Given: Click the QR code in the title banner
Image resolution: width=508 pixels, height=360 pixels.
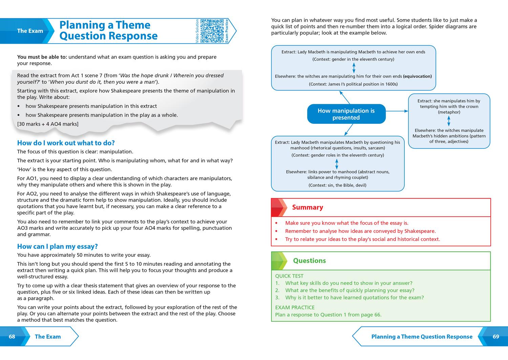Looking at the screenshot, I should point(212,31).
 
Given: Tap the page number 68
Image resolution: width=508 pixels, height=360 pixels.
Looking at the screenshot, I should point(12,337).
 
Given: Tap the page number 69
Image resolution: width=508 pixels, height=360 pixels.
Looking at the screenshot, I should point(496,337).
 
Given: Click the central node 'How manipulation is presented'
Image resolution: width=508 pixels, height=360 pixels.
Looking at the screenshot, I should point(346,114).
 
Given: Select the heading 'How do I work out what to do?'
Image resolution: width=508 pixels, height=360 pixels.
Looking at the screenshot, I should point(66,143).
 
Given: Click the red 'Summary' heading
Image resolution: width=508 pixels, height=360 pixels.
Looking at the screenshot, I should point(308,207).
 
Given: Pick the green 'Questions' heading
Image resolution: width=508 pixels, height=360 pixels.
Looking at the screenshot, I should point(309,261).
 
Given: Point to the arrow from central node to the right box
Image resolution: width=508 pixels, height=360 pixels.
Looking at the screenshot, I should point(397,111).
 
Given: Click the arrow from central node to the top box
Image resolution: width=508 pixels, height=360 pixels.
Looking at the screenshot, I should point(345,97).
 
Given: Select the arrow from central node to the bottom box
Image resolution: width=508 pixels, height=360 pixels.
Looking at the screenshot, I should point(348,130).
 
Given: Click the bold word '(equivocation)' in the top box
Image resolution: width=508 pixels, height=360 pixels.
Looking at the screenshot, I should point(417,76).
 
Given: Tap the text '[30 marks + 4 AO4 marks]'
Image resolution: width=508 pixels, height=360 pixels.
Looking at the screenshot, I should point(48,124).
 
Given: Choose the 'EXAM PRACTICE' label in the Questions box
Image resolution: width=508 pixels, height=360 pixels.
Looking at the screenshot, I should point(295,307).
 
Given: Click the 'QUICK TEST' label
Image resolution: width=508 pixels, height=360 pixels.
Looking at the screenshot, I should point(289,276).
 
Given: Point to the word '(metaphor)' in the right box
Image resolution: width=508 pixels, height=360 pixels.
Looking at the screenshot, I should point(449,112).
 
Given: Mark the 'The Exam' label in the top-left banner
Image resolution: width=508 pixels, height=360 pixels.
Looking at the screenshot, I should point(30,31).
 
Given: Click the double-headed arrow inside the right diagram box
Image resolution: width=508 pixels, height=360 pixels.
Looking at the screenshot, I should point(449,121).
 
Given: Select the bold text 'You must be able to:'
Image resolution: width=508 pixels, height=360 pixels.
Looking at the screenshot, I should point(42,57).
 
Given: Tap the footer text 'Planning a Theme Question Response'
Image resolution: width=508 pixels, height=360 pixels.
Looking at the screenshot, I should point(422,337).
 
